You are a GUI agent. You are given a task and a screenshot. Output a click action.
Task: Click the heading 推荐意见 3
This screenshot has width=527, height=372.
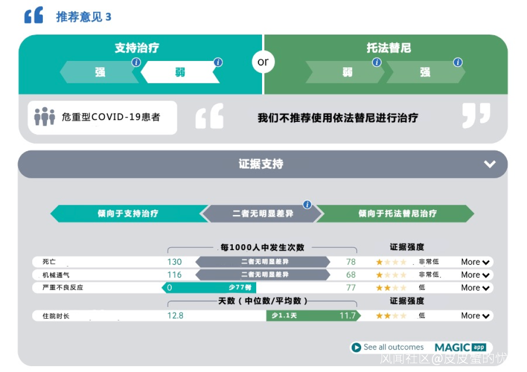click(x=83, y=17)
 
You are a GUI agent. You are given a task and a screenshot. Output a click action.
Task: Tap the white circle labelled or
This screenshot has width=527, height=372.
click(x=263, y=62)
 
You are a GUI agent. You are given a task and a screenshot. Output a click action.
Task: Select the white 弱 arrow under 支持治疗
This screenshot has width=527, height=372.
click(x=180, y=72)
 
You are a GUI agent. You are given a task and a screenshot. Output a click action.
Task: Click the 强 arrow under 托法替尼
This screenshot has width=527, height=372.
click(x=425, y=72)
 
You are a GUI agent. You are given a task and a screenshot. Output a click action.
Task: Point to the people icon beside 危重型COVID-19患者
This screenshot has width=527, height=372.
click(x=44, y=117)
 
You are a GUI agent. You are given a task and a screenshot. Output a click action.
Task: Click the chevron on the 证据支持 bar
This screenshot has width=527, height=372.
click(x=489, y=164)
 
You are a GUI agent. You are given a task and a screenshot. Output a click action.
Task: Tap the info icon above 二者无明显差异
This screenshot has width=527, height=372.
click(x=307, y=205)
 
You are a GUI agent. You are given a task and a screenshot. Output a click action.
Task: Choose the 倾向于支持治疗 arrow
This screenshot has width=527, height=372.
click(x=128, y=214)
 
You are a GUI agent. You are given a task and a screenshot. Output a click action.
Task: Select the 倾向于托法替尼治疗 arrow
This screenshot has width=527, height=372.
click(x=397, y=214)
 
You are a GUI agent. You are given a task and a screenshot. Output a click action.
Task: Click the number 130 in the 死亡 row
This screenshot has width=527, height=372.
click(x=174, y=262)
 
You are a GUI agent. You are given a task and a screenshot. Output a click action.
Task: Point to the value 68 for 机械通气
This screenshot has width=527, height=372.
click(x=351, y=274)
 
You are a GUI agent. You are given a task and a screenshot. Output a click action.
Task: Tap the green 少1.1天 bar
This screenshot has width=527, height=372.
click(x=312, y=315)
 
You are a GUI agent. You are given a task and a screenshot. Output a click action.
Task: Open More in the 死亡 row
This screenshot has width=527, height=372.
click(x=475, y=262)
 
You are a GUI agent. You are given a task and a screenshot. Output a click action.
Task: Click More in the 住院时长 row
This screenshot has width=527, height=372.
click(x=475, y=315)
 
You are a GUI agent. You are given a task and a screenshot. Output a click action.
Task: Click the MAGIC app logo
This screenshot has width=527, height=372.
click(x=460, y=347)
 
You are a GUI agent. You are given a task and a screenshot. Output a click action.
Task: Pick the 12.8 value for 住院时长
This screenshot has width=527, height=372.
click(x=175, y=315)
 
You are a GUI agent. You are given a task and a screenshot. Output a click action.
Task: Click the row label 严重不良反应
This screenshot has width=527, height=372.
click(x=63, y=288)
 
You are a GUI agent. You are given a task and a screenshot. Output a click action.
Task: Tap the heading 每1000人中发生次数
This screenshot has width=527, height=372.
click(x=262, y=247)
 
